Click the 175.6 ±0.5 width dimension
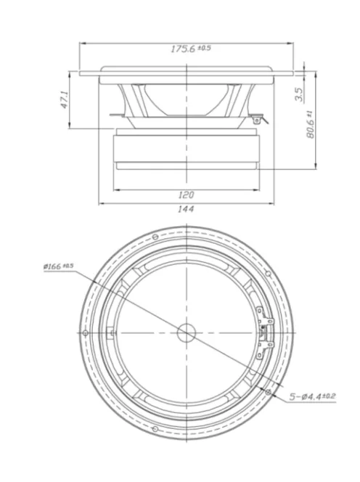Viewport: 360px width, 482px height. click(x=191, y=49)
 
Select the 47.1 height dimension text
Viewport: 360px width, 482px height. click(x=64, y=100)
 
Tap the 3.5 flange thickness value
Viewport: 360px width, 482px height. click(x=300, y=94)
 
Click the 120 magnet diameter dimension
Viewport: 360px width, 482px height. click(x=187, y=195)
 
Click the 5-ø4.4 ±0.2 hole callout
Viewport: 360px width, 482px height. click(x=313, y=396)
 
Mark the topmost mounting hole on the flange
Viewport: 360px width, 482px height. click(x=155, y=237)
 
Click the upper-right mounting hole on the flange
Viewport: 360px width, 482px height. click(x=269, y=274)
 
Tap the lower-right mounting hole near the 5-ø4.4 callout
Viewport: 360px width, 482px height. click(x=269, y=391)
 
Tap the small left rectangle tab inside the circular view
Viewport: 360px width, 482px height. click(x=110, y=332)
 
